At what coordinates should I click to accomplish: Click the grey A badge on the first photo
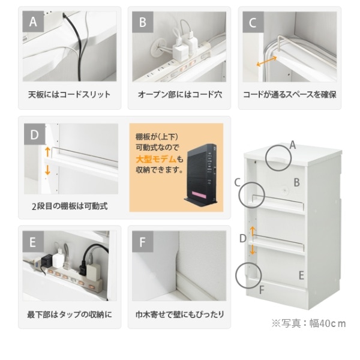[x=33, y=22]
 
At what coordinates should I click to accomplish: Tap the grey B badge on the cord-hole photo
[x=143, y=22]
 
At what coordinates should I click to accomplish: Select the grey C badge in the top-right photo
[x=253, y=22]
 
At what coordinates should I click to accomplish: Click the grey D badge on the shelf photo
[x=35, y=134]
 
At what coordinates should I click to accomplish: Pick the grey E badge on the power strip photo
[x=33, y=242]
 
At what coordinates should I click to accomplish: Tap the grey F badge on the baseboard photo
[x=143, y=242]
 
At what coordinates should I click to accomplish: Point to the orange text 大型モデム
[x=156, y=159]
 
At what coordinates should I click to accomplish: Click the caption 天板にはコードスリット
[x=70, y=95]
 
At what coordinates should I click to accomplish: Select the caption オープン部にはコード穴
[x=180, y=95]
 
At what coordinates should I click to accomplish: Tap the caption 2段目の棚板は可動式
[x=70, y=206]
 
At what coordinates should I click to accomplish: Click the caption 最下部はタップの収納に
[x=70, y=314]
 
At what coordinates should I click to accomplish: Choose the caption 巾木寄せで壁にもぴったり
[x=180, y=314]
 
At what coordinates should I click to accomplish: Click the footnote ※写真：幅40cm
[x=308, y=323]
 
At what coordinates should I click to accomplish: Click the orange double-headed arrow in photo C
[x=266, y=61]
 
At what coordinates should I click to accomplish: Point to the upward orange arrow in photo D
[x=47, y=152]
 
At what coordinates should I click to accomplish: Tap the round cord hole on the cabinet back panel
[x=285, y=190]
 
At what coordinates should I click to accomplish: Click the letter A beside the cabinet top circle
[x=293, y=145]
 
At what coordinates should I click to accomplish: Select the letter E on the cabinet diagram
[x=301, y=275]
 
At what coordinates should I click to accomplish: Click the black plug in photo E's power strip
[x=47, y=261]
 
